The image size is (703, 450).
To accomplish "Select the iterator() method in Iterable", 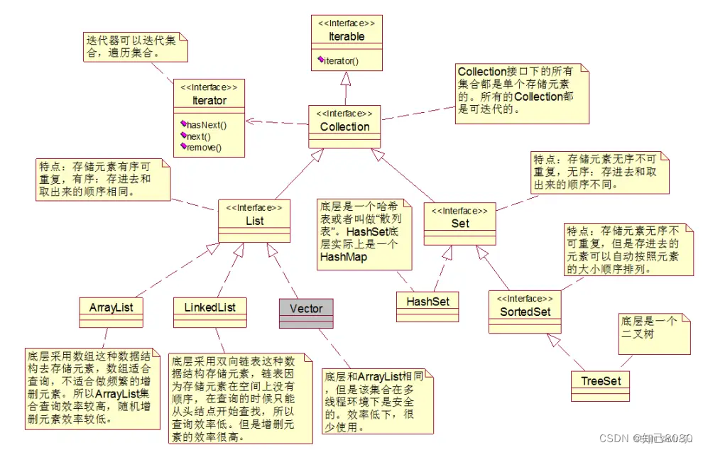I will (341, 61).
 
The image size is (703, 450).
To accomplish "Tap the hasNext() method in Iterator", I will (206, 125).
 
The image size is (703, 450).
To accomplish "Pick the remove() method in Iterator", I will (204, 147).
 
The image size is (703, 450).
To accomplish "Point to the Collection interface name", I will (345, 127).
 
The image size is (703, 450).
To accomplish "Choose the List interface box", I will (254, 221).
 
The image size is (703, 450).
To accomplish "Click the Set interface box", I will (460, 223).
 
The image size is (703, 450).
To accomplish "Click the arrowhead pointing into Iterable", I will (347, 79).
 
